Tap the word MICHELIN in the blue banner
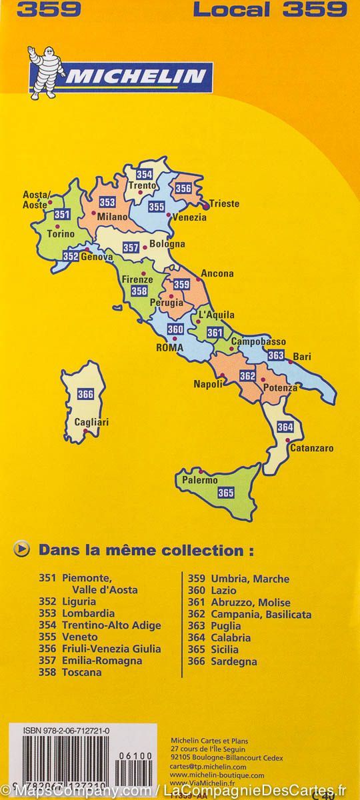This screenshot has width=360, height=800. [135, 77]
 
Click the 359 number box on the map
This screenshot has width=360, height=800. [182, 285]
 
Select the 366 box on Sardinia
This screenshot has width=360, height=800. [85, 393]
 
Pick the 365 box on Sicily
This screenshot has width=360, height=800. [226, 493]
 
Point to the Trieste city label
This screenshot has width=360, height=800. [224, 204]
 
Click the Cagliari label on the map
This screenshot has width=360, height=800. [92, 422]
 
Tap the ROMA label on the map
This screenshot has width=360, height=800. [169, 347]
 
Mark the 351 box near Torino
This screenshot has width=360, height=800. [62, 214]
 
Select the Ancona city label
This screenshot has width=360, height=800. [217, 273]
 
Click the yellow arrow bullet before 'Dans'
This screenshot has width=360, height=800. [21, 550]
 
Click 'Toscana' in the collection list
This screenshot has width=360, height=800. [81, 673]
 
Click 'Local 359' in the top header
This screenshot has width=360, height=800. [270, 9]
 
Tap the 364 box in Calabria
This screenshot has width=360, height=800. [285, 427]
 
